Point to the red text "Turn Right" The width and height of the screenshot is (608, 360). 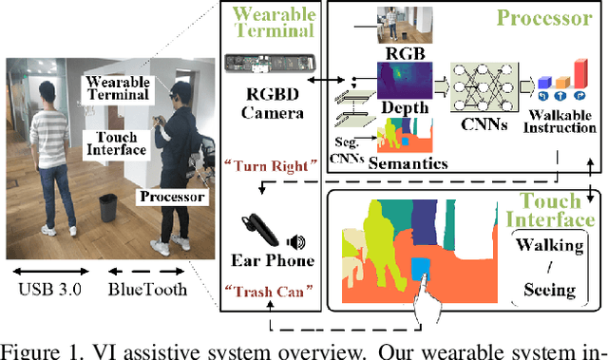[272, 166]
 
